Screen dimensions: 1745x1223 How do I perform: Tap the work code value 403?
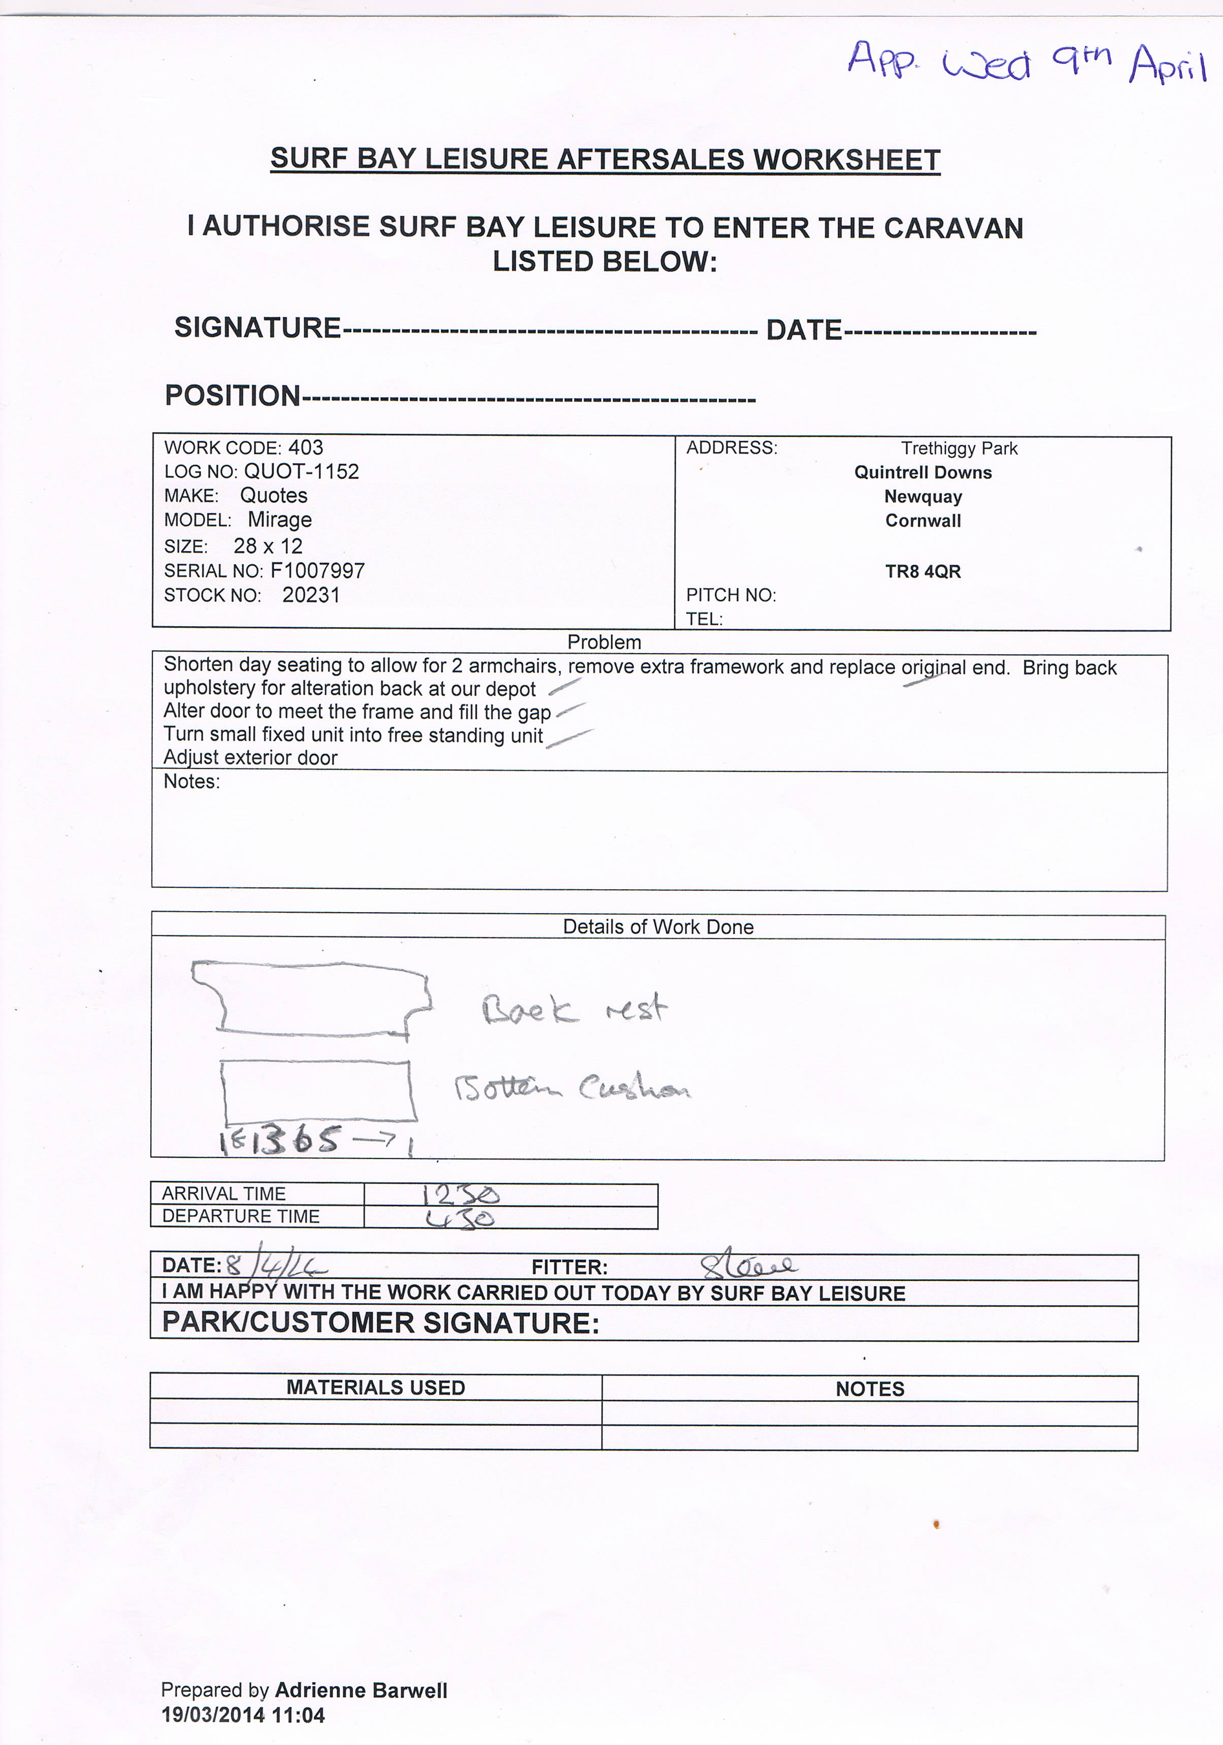[306, 447]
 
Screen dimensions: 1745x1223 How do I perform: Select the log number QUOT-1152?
[301, 471]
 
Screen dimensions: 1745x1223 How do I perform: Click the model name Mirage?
[280, 520]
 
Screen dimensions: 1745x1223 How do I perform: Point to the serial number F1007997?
[317, 571]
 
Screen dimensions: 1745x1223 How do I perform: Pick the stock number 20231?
[311, 595]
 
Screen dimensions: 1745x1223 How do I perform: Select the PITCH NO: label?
[731, 595]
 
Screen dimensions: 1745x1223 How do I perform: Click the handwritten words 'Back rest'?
[574, 1009]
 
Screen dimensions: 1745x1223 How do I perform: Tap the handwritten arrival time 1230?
[460, 1195]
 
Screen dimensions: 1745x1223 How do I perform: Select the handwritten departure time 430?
[460, 1218]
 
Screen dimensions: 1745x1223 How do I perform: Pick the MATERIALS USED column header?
[375, 1388]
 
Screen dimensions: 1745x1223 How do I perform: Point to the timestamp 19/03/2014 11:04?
[243, 1716]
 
